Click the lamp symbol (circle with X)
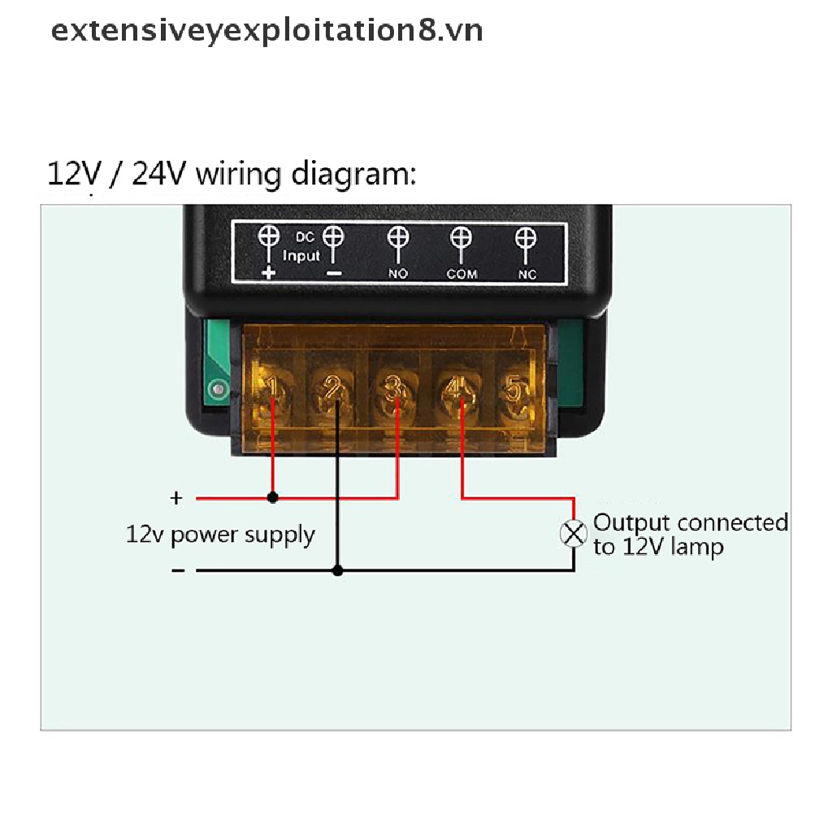(x=574, y=534)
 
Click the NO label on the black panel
(x=397, y=274)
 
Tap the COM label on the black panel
(x=461, y=274)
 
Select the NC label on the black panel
(x=527, y=274)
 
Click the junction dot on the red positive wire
(x=273, y=497)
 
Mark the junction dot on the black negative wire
(x=338, y=570)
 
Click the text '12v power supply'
(x=220, y=535)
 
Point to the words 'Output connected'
(x=691, y=522)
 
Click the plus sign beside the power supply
(x=176, y=497)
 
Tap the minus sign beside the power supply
(x=178, y=570)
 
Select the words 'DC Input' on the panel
(x=301, y=246)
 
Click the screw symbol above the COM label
(x=461, y=239)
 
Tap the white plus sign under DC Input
(x=269, y=273)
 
